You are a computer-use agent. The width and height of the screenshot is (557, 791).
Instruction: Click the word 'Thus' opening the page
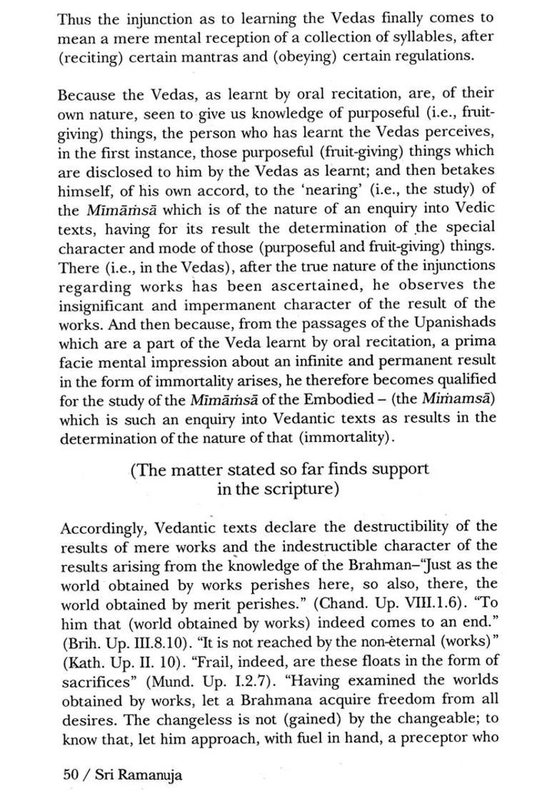pos(74,19)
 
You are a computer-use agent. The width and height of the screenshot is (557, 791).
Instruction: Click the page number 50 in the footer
pos(69,775)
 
